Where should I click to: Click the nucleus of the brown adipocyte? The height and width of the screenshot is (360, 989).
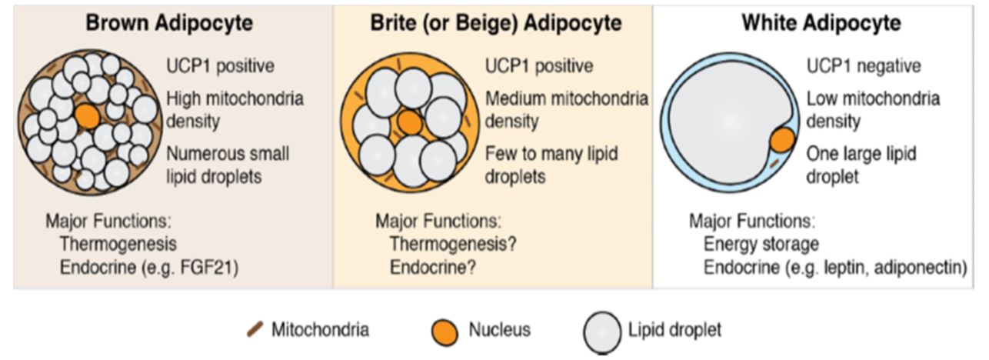(87, 116)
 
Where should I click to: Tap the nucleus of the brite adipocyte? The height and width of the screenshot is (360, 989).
(410, 122)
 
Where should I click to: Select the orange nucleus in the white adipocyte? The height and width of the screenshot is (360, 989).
(782, 139)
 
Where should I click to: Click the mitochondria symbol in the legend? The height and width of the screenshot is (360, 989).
(255, 329)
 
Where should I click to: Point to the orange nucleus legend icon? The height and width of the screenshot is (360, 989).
(445, 332)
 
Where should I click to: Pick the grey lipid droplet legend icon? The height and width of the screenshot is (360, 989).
(602, 333)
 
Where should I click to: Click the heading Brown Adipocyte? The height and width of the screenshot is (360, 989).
(169, 23)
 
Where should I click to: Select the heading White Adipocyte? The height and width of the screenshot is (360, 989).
(821, 23)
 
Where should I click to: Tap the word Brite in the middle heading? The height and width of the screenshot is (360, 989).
(393, 23)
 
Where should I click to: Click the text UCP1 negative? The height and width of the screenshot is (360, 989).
(864, 66)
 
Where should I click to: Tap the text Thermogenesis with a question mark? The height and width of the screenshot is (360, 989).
(452, 244)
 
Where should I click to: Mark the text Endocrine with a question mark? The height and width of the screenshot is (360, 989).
(433, 268)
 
